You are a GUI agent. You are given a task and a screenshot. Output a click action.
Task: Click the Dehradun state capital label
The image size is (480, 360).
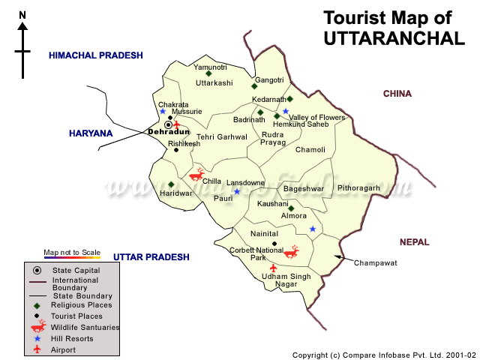pyautogui.click(x=169, y=132)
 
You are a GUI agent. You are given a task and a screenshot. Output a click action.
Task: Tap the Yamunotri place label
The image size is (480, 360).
pyautogui.click(x=210, y=67)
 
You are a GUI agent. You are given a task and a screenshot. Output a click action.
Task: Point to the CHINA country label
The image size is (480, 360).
pyautogui.click(x=397, y=94)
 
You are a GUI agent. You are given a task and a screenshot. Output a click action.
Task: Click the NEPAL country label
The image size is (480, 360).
pyautogui.click(x=414, y=242)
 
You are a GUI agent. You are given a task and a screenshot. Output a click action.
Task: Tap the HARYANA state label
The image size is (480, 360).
pyautogui.click(x=90, y=133)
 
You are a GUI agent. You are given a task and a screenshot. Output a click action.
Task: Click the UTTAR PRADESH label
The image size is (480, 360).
pyautogui.click(x=151, y=257)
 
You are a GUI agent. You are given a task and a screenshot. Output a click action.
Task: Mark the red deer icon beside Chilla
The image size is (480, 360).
pyautogui.click(x=196, y=175)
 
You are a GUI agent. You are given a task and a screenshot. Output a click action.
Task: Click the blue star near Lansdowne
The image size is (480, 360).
pyautogui.click(x=237, y=192)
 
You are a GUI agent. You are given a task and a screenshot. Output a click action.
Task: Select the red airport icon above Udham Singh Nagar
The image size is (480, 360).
pyautogui.click(x=273, y=267)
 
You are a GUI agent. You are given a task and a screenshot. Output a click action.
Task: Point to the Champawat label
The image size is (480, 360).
pyautogui.click(x=375, y=263)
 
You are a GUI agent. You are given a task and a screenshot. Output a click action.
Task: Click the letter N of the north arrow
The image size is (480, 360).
pyautogui.click(x=22, y=15)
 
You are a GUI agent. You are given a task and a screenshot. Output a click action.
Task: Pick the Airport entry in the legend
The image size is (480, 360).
pyautogui.click(x=63, y=349)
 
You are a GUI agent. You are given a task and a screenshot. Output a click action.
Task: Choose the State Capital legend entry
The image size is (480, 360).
pyautogui.click(x=76, y=270)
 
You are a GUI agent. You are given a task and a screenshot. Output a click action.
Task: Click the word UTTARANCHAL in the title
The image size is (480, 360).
pyautogui.click(x=394, y=38)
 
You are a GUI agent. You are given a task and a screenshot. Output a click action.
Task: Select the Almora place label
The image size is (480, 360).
pyautogui.click(x=293, y=216)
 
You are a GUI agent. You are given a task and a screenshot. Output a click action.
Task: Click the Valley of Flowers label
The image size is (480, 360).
pyautogui.click(x=317, y=118)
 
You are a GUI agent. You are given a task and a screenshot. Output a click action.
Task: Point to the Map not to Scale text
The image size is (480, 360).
pyautogui.click(x=72, y=252)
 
